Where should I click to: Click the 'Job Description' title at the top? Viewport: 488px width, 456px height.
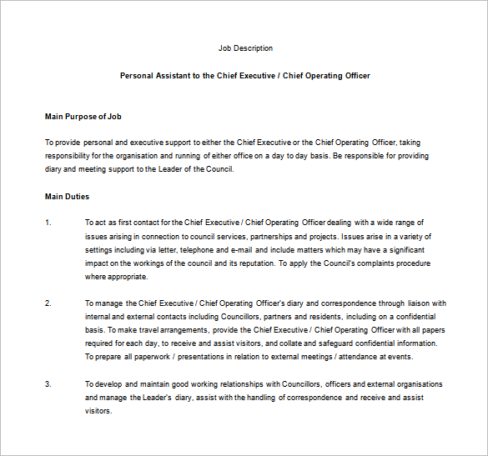pos(244,48)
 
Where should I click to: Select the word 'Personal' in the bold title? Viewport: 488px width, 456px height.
pos(137,76)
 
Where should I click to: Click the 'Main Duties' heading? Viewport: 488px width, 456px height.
pos(67,197)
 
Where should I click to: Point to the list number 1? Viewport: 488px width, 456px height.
pos(48,223)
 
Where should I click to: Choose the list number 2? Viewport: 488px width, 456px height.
pos(48,303)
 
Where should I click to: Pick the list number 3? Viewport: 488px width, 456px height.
pos(48,384)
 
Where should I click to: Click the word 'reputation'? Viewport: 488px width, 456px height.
pos(249,263)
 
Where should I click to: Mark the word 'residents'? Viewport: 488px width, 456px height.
pos(324,317)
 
